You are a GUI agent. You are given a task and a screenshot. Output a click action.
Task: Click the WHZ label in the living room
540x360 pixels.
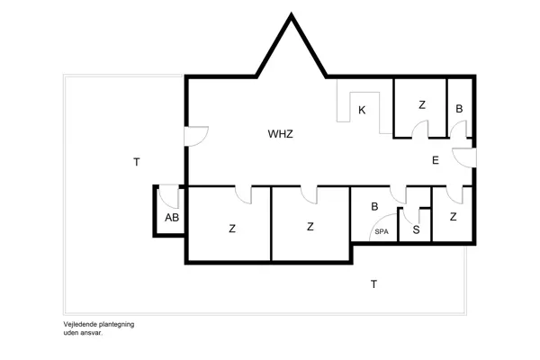pos(281,134)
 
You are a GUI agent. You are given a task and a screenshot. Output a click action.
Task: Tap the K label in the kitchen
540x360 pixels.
pos(362,111)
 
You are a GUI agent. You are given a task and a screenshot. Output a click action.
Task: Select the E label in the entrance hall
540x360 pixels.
pos(435,161)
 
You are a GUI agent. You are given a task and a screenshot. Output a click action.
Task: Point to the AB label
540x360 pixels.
pos(172,219)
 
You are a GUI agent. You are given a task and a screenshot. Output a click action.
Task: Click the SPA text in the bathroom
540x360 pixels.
pos(382,232)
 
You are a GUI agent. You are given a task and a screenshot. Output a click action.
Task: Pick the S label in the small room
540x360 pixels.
pos(416,229)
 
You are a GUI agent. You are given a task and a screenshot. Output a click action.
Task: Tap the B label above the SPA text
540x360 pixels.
pos(375,206)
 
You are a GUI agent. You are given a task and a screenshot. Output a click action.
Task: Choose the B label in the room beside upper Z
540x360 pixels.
pos(459,108)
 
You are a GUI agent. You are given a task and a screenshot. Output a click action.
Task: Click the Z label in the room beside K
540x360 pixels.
pos(421,105)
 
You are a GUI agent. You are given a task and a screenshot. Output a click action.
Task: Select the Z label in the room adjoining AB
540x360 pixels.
pos(232,229)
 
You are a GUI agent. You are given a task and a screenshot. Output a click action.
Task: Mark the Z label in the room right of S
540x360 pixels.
pos(453,217)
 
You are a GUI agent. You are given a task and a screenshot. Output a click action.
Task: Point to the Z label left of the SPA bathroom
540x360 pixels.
pos(310,227)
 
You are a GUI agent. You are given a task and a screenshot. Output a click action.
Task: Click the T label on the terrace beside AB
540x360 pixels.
pos(136,163)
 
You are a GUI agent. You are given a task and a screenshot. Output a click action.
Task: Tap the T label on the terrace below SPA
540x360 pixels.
pos(373,284)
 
